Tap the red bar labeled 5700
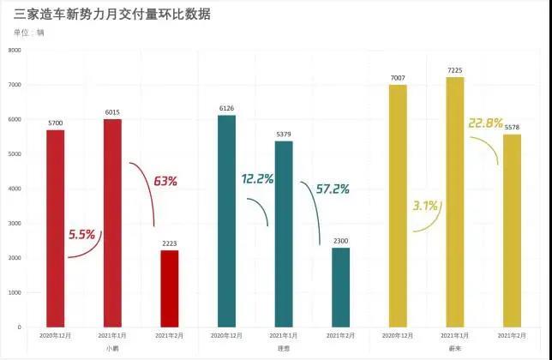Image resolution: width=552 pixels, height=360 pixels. (56, 228)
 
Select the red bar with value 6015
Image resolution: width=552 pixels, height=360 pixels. (112, 223)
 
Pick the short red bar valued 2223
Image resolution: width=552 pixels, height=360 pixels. (170, 288)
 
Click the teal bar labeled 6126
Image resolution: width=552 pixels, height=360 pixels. (227, 221)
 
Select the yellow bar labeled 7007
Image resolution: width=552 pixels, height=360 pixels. (398, 206)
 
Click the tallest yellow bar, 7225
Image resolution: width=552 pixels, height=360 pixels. (455, 202)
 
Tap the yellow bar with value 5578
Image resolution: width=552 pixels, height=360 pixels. (512, 231)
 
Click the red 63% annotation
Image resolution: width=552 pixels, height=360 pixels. (165, 181)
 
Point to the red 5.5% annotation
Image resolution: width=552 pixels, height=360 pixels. (82, 234)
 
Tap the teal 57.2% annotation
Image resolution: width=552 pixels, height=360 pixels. (333, 189)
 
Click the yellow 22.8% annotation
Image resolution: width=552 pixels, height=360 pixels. (485, 123)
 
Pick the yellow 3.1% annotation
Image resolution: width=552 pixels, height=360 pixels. (424, 206)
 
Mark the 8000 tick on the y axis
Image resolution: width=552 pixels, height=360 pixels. (15, 51)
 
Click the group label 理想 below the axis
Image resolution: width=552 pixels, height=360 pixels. (284, 349)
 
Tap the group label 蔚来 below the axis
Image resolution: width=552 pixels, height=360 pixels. (455, 349)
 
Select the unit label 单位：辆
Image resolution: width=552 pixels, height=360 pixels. (29, 33)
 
